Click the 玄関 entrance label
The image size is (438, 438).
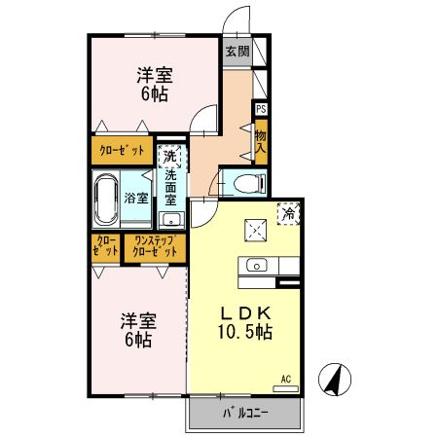(237, 53)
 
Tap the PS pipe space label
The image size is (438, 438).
(261, 109)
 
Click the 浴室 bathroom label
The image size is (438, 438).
(136, 198)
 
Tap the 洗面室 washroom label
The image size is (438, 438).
(169, 186)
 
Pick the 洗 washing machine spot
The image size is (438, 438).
(169, 154)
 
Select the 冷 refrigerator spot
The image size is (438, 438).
(288, 210)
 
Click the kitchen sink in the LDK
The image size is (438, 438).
(257, 265)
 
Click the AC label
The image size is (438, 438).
(286, 378)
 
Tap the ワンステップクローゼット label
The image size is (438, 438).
(155, 247)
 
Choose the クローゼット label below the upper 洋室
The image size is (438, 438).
(124, 150)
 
